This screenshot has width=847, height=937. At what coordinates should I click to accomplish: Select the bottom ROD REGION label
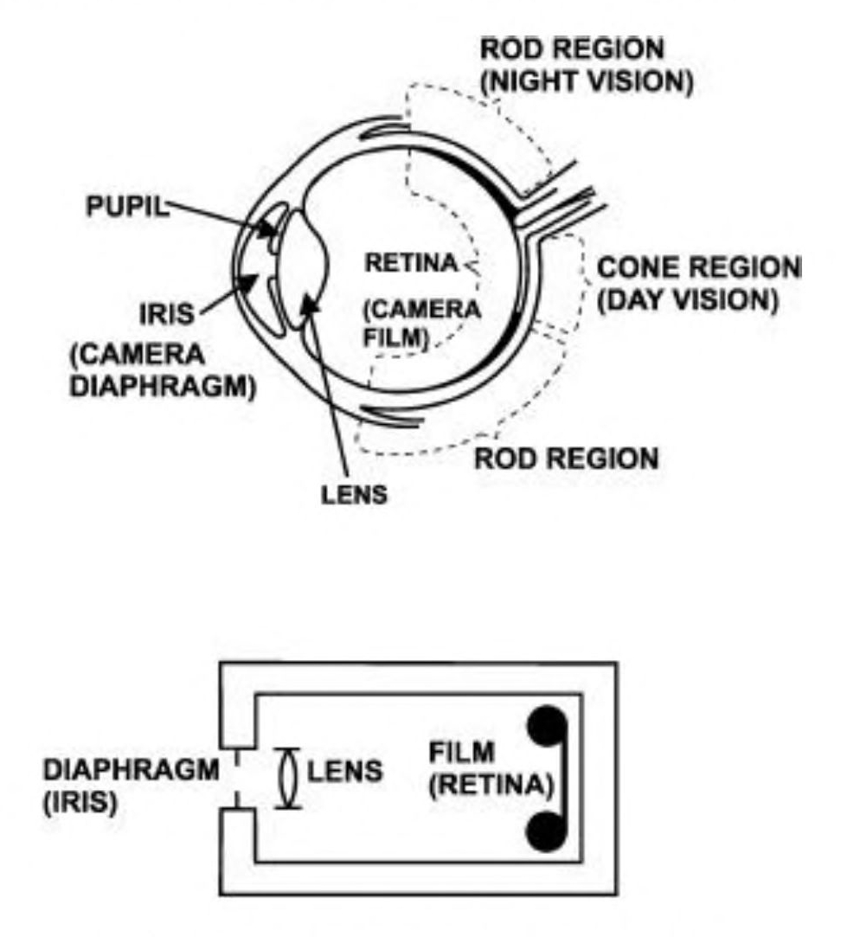click(567, 458)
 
